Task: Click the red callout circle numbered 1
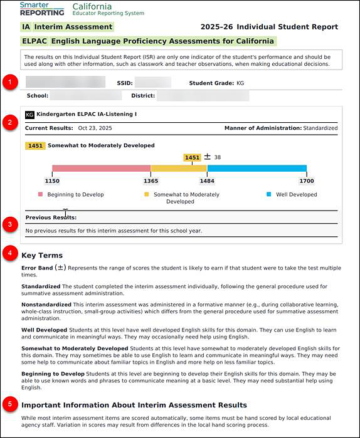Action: coord(9,82)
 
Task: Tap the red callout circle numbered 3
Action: coord(9,224)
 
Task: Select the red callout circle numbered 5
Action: coord(9,404)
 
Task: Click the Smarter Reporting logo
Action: coord(41,9)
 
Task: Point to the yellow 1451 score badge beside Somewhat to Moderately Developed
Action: coord(35,145)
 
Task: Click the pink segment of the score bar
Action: coord(101,168)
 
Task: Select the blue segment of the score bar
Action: coord(257,168)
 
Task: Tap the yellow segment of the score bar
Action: coord(179,168)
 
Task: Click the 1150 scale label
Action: coord(52,180)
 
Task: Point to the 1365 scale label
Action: coord(151,180)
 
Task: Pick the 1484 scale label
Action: coord(207,180)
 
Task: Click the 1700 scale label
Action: coord(307,180)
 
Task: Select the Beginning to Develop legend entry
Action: coord(71,195)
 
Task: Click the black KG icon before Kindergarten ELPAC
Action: coord(29,115)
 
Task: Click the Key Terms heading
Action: coord(42,256)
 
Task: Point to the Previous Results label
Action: coord(51,217)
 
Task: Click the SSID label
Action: coord(124,83)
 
